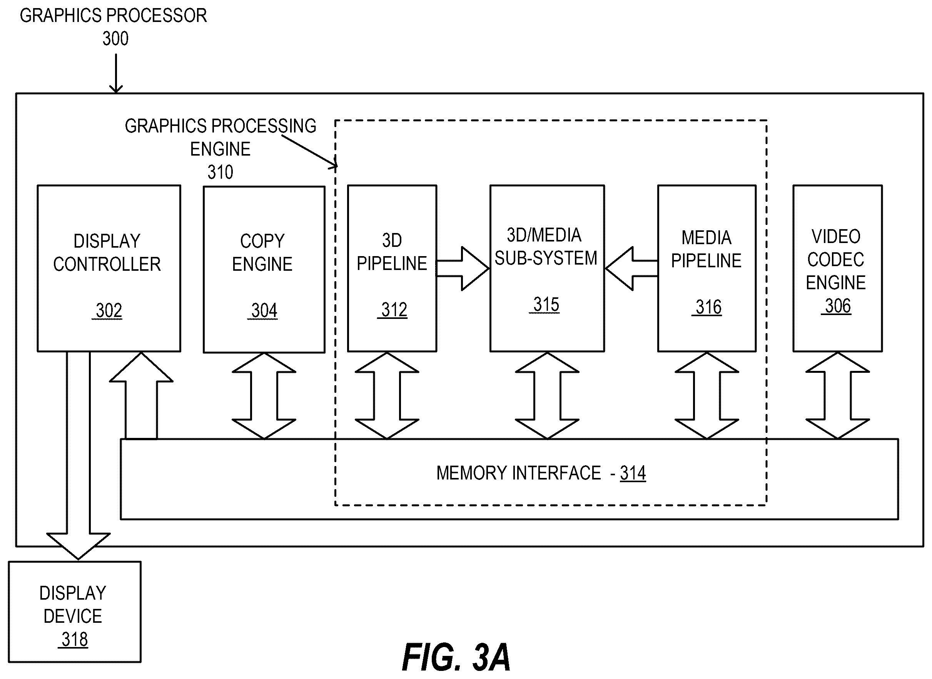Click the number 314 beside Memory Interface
tap(633, 473)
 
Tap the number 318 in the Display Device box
tap(74, 639)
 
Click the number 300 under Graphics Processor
tap(115, 39)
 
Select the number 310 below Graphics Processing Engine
tap(220, 172)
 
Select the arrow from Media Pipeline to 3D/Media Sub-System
tap(631, 268)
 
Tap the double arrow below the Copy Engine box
tap(264, 396)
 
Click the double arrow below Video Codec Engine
tap(837, 396)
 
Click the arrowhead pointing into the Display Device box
tap(78, 546)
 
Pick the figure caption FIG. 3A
tap(456, 657)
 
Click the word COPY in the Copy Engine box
tap(262, 241)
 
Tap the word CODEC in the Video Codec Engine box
tap(835, 260)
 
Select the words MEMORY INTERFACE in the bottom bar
tap(519, 473)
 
